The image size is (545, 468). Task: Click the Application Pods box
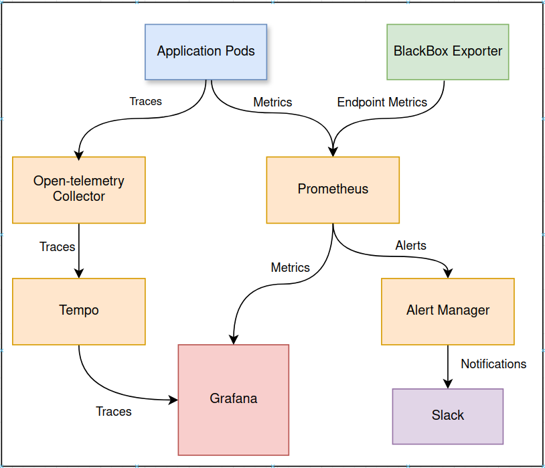206,52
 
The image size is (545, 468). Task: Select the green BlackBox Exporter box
447,52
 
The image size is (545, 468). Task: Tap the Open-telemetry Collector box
79,189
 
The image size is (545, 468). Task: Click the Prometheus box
333,189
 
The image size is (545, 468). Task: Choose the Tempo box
79,311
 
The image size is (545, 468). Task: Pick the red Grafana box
233,399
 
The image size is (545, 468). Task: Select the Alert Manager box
447,311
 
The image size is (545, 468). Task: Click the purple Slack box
447,416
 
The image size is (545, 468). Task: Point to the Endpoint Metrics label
382,102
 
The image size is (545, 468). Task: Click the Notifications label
493,364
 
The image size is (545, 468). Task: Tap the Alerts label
410,246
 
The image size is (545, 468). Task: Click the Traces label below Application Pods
145,102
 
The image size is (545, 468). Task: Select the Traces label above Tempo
58,247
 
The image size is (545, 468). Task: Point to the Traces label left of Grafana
114,412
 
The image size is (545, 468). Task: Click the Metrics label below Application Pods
272,102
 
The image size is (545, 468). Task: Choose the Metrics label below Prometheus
290,268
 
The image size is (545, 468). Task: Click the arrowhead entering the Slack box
448,384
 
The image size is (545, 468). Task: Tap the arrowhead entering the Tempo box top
79,273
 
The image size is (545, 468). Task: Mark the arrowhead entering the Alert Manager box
448,273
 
